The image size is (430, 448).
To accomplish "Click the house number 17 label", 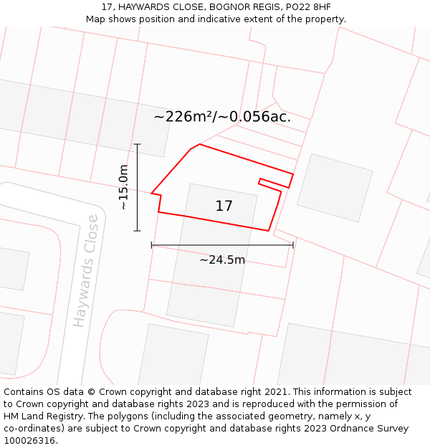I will coord(224,206).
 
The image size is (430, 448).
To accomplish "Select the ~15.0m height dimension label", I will coord(123,187).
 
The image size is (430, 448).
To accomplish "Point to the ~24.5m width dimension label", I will coord(222,259).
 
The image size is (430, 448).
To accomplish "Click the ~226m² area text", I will coord(183,117).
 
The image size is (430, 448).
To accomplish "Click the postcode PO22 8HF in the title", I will coord(306,7).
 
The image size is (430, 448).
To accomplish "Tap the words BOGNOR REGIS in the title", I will coord(238,7).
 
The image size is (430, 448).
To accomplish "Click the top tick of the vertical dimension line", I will coord(137,144).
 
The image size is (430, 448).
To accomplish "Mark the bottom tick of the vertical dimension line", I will coord(137,231).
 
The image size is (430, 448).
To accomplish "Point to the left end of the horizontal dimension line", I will coord(151,245).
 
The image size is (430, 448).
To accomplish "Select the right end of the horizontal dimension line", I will coord(293,245).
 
